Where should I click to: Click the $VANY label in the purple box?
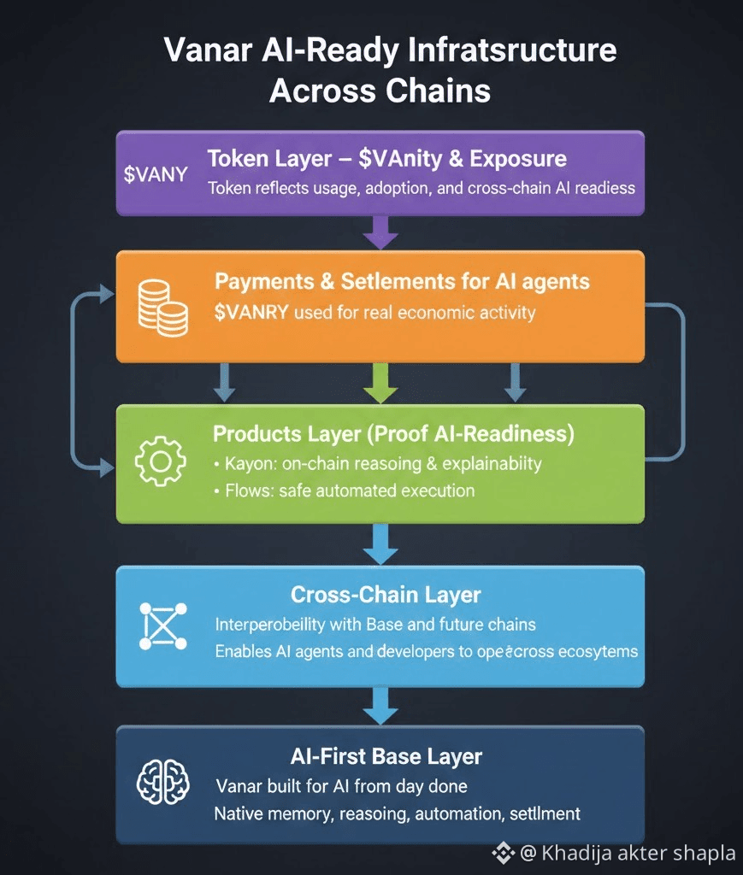[x=156, y=174]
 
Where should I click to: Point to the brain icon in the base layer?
[x=161, y=781]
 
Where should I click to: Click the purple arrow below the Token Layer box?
[x=380, y=231]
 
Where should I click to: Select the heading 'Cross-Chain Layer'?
[x=386, y=595]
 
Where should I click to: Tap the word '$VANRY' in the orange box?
[x=251, y=312]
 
